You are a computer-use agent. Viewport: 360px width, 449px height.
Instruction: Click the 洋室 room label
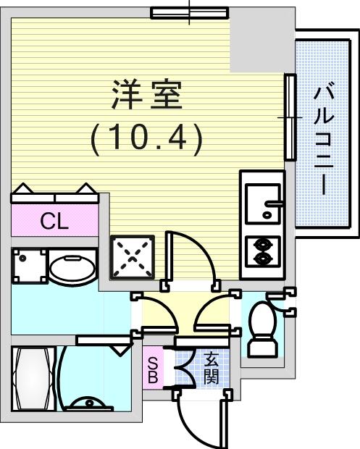tap(147, 95)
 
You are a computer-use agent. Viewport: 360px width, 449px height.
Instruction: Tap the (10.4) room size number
tap(146, 140)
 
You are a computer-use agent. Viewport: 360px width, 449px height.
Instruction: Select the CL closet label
tap(54, 221)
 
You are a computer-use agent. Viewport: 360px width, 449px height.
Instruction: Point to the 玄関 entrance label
tap(212, 369)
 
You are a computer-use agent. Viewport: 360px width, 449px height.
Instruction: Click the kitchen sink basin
tap(263, 203)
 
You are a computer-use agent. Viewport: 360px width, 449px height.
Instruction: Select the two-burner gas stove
tap(263, 252)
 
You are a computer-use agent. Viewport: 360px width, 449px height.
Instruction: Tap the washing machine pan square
tap(30, 266)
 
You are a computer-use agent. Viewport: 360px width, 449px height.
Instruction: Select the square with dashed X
tap(133, 257)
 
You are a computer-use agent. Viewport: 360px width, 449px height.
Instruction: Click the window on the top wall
tap(190, 13)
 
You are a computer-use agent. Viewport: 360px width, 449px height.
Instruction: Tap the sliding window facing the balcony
tap(290, 117)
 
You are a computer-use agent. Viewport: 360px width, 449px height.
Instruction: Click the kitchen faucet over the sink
tap(275, 203)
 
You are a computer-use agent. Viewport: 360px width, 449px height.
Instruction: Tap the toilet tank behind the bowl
tap(263, 348)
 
